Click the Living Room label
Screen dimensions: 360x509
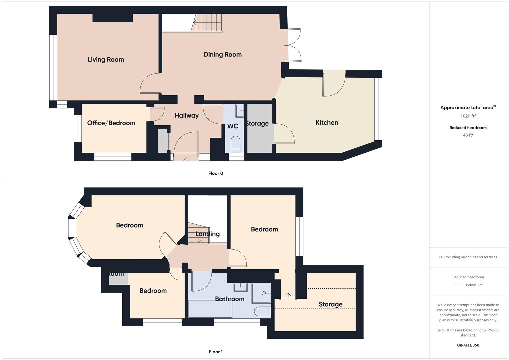click(x=106, y=60)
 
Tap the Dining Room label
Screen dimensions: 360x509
click(x=222, y=54)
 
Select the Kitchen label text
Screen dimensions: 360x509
click(x=327, y=123)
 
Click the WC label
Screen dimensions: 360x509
click(x=232, y=126)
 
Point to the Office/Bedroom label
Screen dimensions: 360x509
click(x=111, y=123)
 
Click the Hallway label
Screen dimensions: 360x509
click(x=186, y=116)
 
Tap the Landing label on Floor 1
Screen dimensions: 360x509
click(x=207, y=234)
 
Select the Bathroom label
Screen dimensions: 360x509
click(x=229, y=299)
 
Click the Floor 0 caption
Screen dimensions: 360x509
click(x=216, y=173)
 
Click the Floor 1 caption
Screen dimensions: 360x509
click(x=216, y=352)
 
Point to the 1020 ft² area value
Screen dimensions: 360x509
click(x=468, y=116)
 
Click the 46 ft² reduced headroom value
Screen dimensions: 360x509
click(x=468, y=135)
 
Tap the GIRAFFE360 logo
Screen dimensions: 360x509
click(x=468, y=345)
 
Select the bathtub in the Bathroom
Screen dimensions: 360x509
click(x=210, y=309)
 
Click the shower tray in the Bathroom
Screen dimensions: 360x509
click(x=261, y=293)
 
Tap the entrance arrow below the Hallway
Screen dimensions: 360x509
click(x=186, y=160)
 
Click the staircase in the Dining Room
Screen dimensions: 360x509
click(x=207, y=23)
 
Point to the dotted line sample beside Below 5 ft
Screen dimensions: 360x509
click(x=459, y=285)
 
